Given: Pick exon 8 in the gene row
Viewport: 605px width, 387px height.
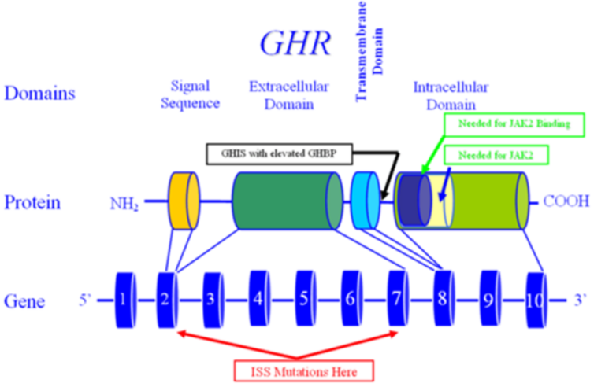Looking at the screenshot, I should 445,298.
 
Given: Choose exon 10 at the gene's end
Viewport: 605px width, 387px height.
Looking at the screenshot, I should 536,299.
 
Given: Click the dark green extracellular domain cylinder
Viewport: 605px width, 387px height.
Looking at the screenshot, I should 287,201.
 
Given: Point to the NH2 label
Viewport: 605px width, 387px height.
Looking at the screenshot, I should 124,205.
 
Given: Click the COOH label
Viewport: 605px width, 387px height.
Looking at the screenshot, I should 566,201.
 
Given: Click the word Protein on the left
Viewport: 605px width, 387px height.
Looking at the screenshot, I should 32,202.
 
